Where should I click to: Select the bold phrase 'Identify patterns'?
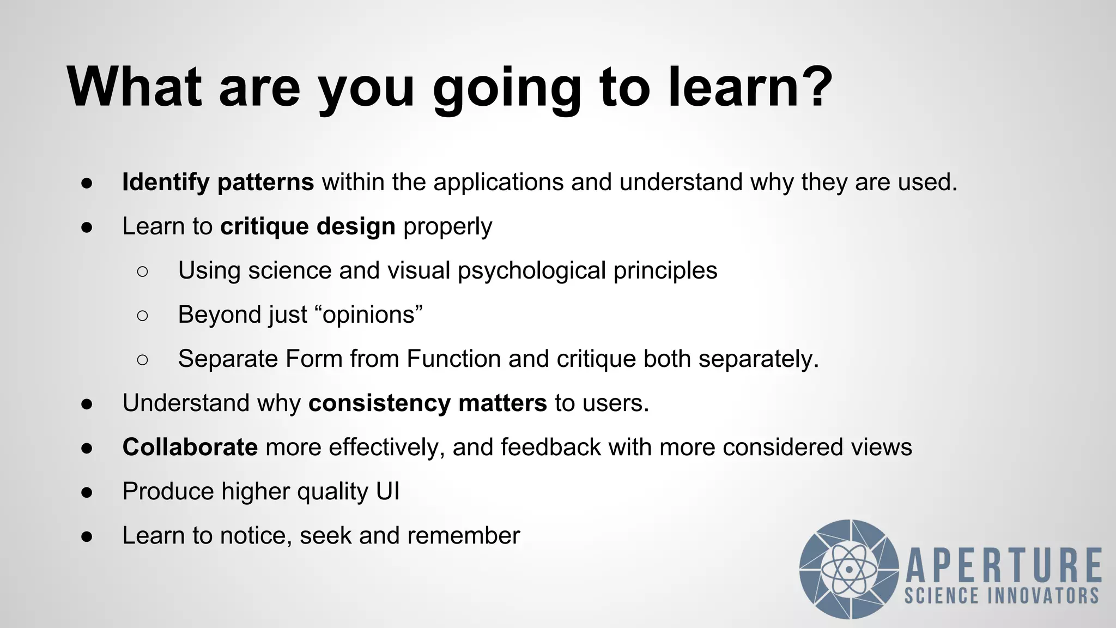pyautogui.click(x=218, y=182)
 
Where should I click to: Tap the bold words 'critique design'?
pyautogui.click(x=308, y=226)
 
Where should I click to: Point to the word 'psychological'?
pyautogui.click(x=531, y=271)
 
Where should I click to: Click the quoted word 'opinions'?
pyautogui.click(x=368, y=315)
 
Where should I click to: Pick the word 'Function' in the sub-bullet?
pyautogui.click(x=453, y=359)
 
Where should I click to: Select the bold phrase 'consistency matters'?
pyautogui.click(x=427, y=403)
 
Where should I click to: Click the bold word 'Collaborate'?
pyautogui.click(x=190, y=448)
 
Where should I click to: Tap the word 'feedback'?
pyautogui.click(x=550, y=448)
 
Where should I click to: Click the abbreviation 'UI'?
pyautogui.click(x=387, y=492)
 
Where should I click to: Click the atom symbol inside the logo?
pyautogui.click(x=849, y=570)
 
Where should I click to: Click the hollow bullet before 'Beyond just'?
pyautogui.click(x=143, y=315)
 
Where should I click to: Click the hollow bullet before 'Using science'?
pyautogui.click(x=143, y=271)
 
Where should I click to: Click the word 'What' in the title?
pyautogui.click(x=134, y=87)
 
